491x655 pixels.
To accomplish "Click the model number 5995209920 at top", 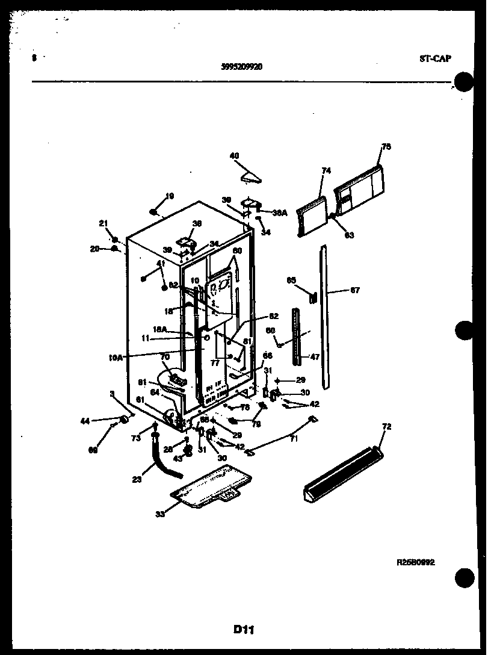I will click(x=241, y=67).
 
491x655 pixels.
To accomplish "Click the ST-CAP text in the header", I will click(x=434, y=59).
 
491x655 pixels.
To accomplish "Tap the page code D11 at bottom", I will click(x=244, y=630).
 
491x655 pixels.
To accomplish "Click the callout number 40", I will click(x=234, y=155).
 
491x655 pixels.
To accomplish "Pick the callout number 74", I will click(x=326, y=171).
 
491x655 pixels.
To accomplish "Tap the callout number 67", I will click(x=355, y=290).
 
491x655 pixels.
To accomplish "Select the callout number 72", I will click(x=386, y=427).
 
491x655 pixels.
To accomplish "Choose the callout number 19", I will click(x=170, y=196).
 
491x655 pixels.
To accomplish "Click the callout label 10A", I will click(x=116, y=357).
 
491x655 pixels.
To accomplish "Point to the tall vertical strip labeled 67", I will click(x=325, y=316).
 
